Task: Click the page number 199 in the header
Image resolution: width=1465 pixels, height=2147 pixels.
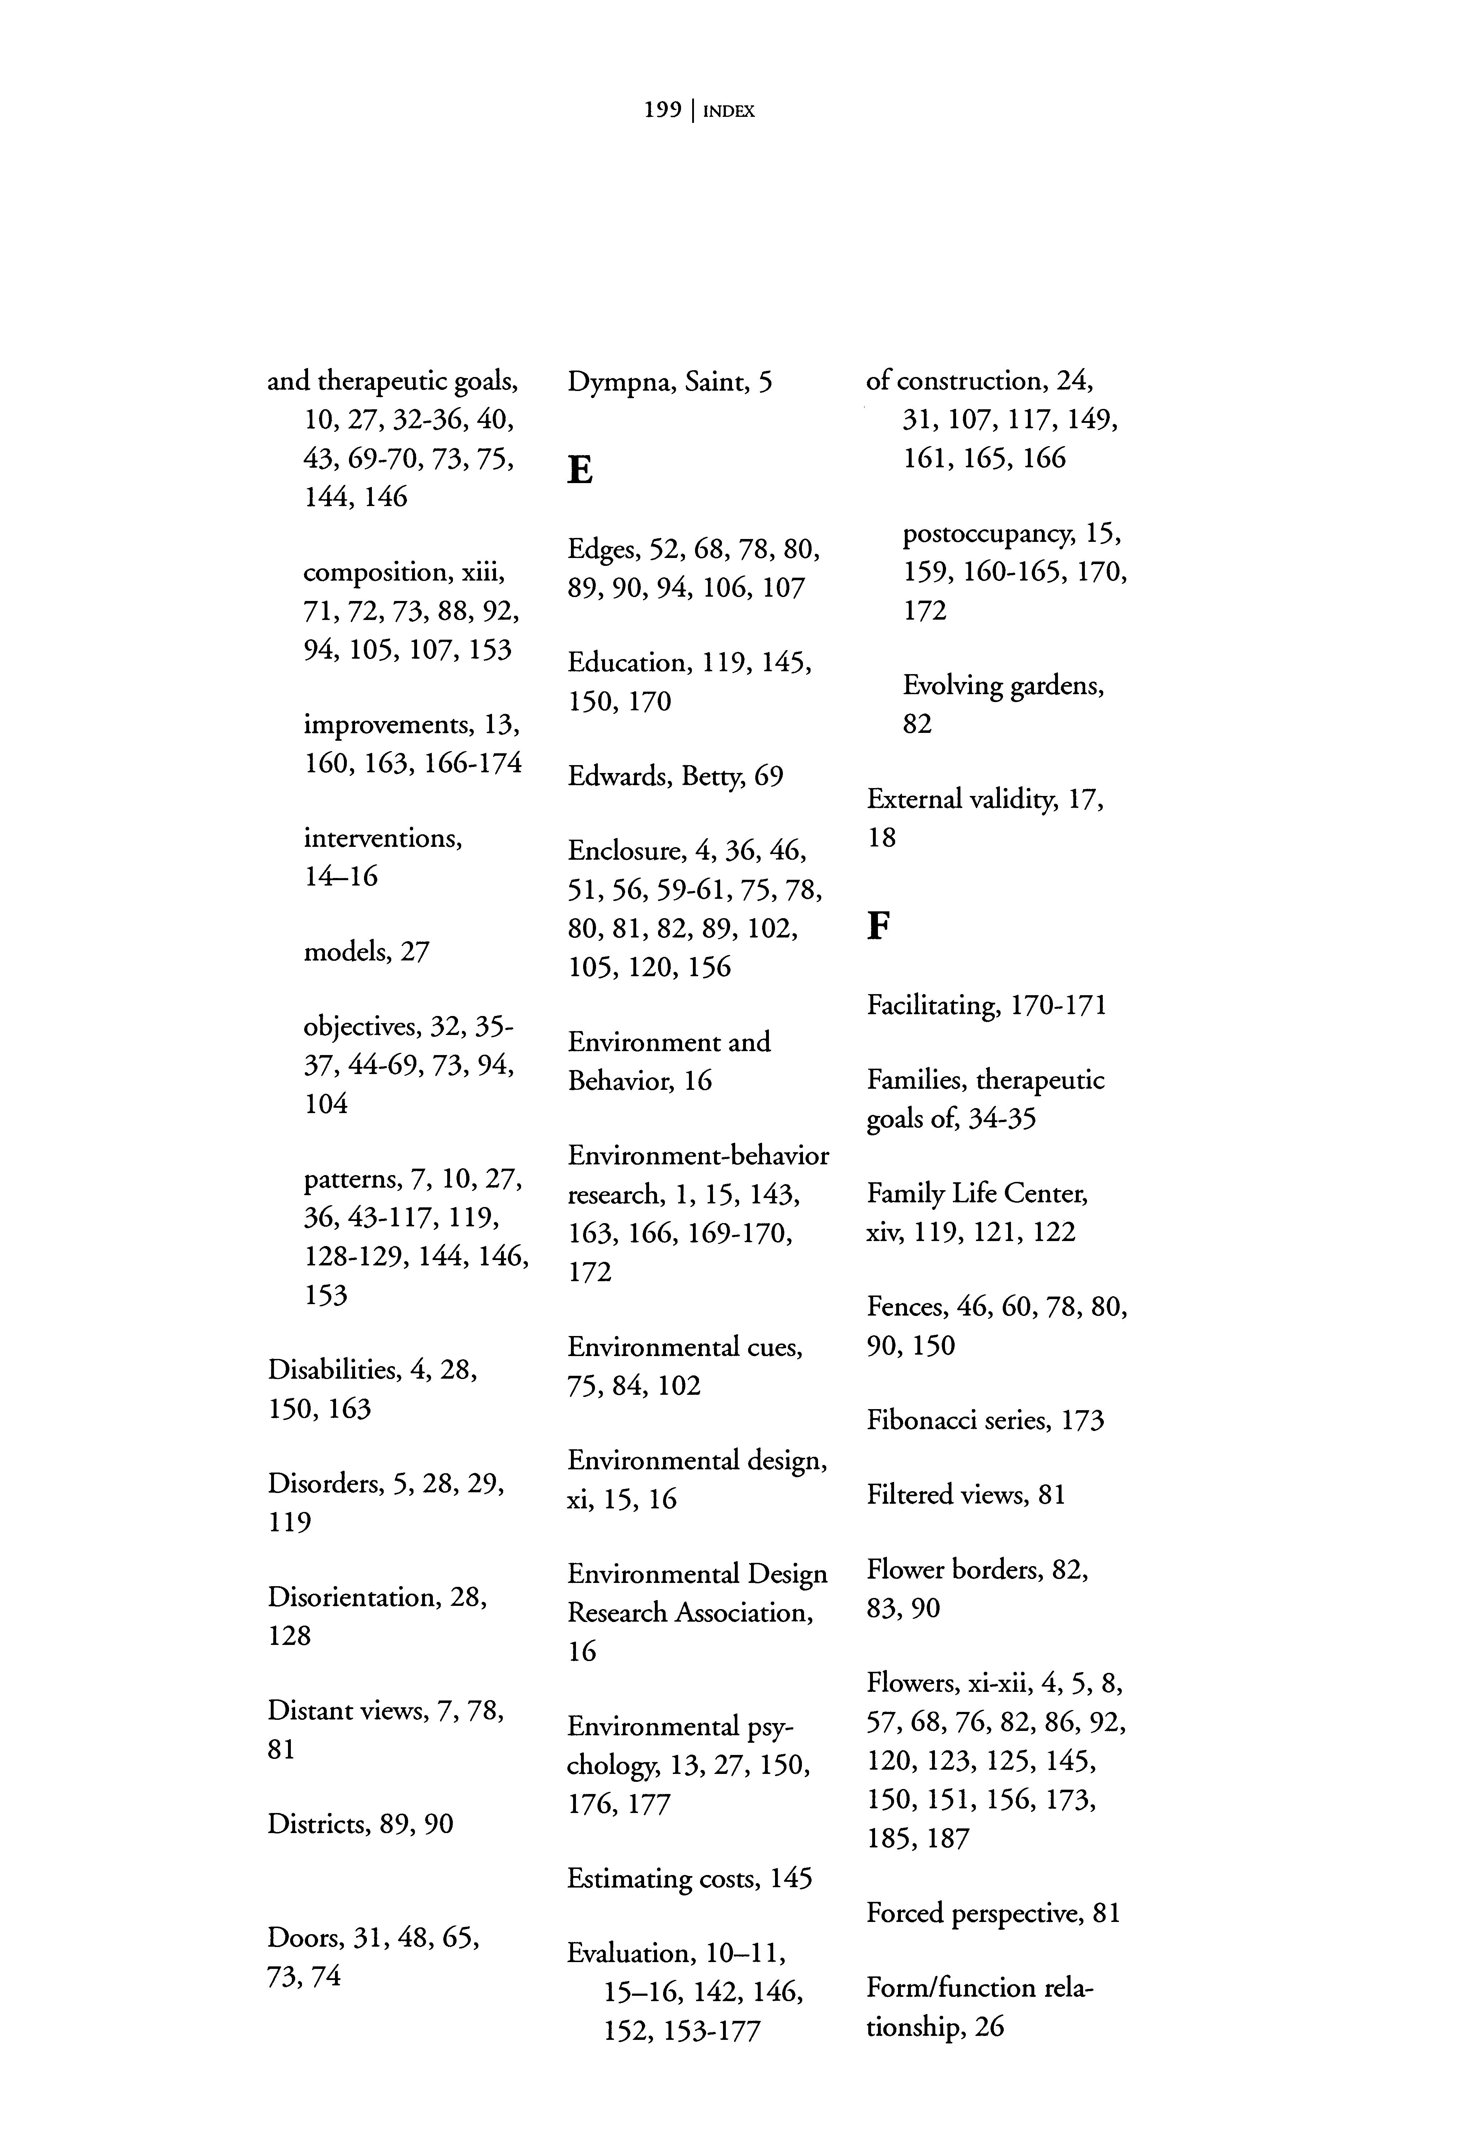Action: pos(662,111)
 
